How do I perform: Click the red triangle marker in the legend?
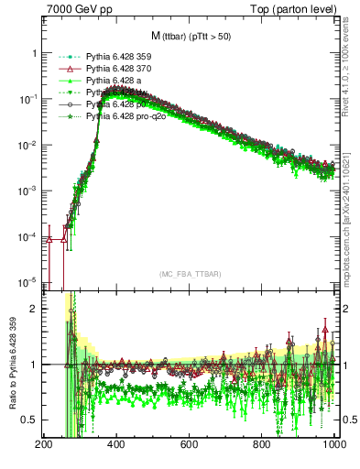coord(63,68)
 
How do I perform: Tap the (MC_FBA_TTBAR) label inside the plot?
coord(190,274)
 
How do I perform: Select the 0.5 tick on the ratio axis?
coord(30,420)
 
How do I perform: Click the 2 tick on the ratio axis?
coord(35,309)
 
